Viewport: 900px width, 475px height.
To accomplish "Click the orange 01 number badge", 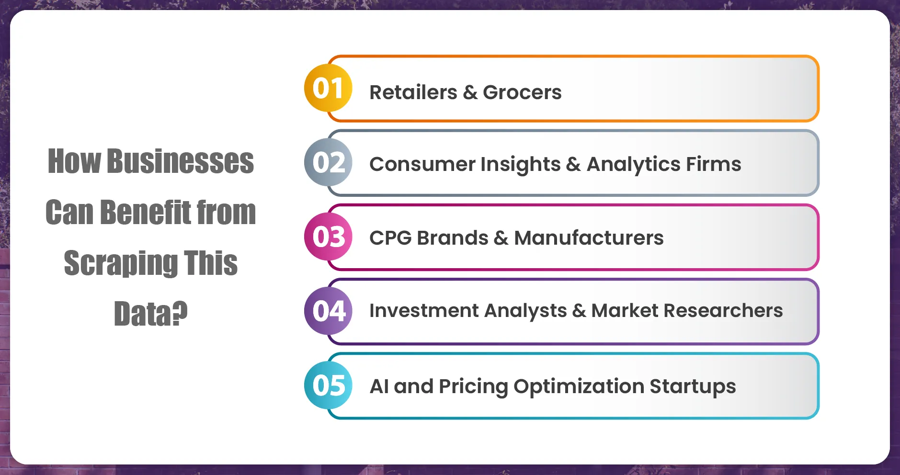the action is point(328,88).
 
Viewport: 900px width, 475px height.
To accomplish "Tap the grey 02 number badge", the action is point(328,162).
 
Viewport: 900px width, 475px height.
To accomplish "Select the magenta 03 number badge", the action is point(328,237).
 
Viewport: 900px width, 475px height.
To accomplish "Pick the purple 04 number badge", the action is point(328,311).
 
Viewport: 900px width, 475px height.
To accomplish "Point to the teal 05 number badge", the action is point(328,385).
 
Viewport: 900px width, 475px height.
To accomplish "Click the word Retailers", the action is point(413,92).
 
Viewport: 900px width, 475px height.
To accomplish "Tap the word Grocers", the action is point(522,92).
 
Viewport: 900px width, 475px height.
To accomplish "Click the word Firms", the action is point(714,164).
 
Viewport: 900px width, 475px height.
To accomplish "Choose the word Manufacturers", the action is point(589,237).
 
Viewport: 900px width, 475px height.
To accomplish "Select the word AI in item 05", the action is point(379,386).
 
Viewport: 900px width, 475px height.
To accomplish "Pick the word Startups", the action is point(693,386).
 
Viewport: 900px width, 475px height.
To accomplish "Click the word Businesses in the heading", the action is point(180,161).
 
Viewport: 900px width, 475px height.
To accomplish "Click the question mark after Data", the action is point(179,314).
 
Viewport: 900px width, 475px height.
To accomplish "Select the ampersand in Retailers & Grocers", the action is point(470,92).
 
